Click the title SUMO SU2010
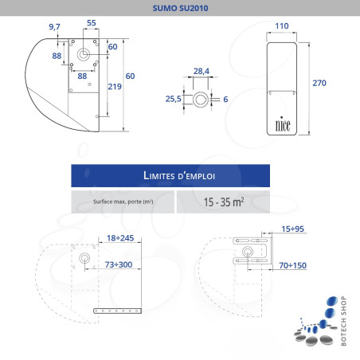pos(180,8)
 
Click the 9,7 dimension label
pos(54,27)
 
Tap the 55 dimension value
pos(92,23)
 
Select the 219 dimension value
pos(115,87)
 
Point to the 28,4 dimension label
pos(202,71)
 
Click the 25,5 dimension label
pos(173,99)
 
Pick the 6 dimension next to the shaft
pos(225,100)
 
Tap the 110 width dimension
pos(282,26)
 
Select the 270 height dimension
pos(319,83)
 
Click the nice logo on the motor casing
pos(283,124)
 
